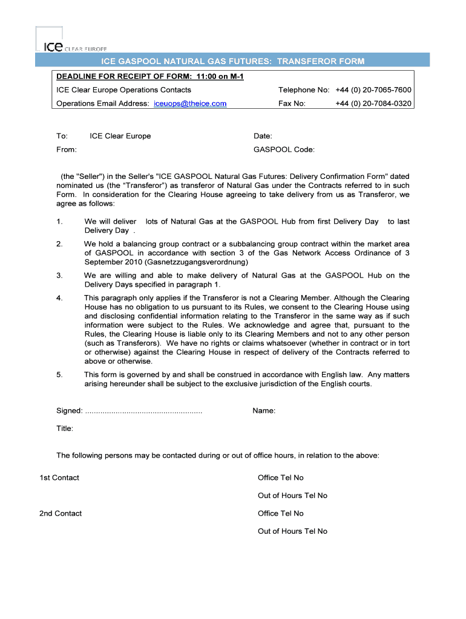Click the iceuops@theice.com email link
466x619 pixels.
click(190, 103)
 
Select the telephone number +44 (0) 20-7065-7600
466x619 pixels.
click(373, 90)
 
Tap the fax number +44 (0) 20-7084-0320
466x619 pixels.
click(373, 103)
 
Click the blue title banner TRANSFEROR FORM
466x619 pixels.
click(232, 62)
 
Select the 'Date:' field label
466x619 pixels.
click(263, 136)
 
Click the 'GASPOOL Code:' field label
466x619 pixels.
click(284, 149)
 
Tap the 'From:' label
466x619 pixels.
click(67, 149)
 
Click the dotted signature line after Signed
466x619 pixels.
click(144, 411)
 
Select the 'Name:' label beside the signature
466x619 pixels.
click(264, 411)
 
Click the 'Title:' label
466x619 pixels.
click(65, 429)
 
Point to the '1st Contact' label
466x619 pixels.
click(59, 478)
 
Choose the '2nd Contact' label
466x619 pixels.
click(61, 513)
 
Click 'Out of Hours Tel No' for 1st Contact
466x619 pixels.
click(292, 496)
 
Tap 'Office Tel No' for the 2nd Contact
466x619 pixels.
click(280, 513)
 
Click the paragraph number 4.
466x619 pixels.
click(59, 298)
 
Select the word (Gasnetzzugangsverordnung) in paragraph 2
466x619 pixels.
click(197, 262)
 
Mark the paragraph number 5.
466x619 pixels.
click(59, 375)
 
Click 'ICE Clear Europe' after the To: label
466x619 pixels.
click(120, 136)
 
